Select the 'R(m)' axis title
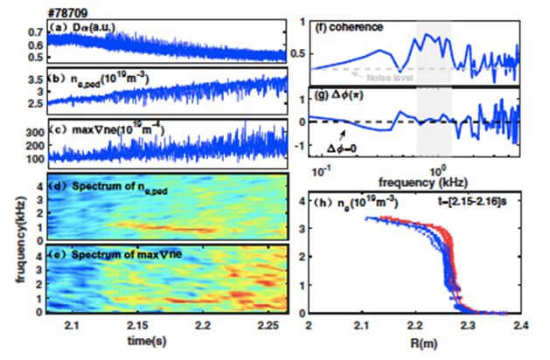click(x=415, y=340)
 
